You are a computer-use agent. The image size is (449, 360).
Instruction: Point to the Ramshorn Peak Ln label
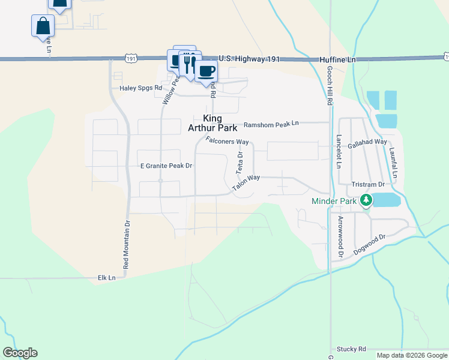point(270,125)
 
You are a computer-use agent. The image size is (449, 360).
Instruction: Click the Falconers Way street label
point(227,141)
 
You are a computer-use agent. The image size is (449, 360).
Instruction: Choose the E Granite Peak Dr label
point(166,166)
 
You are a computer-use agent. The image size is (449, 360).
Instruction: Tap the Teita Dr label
point(239,163)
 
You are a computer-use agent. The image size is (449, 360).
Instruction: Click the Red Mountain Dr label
point(127,244)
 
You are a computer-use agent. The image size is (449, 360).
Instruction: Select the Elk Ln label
point(106,278)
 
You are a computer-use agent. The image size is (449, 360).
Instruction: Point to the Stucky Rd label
point(351,349)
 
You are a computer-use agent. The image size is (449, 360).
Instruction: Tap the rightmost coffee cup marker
point(206,71)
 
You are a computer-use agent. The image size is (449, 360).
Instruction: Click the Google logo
point(20,353)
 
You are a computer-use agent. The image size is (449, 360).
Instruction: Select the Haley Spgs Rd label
point(140,88)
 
